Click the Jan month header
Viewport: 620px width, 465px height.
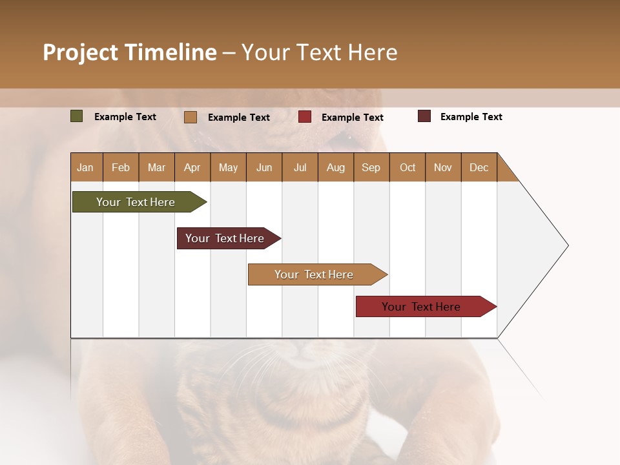coord(86,167)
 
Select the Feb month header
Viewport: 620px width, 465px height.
coord(121,167)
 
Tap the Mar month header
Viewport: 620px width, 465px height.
coord(156,167)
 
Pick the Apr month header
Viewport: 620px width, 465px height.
coord(192,167)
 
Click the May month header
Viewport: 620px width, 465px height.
coord(228,167)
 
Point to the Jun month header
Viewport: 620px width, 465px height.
coord(264,167)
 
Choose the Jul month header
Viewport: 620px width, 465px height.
coord(300,167)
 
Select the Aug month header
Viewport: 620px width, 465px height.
coord(336,167)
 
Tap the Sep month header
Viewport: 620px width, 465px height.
coord(371,167)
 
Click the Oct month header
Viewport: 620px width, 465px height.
coord(408,167)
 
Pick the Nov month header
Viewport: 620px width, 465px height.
coord(443,167)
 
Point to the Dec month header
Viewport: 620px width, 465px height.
coord(479,167)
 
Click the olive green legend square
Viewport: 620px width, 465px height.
coord(77,116)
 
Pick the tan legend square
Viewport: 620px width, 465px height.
coord(191,117)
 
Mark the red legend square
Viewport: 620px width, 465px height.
coord(305,117)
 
